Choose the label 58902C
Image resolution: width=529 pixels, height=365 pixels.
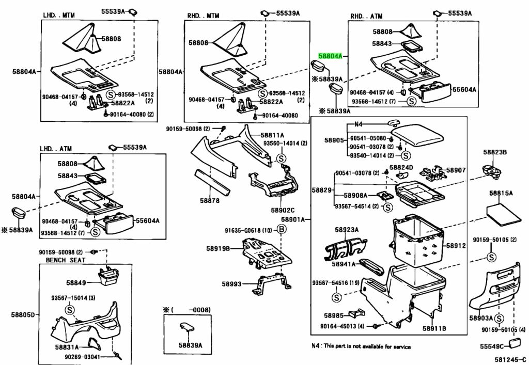[283, 210]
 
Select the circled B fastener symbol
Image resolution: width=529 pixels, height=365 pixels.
[282, 230]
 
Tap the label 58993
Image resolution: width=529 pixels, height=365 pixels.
[232, 283]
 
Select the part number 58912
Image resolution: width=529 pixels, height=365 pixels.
[456, 246]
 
